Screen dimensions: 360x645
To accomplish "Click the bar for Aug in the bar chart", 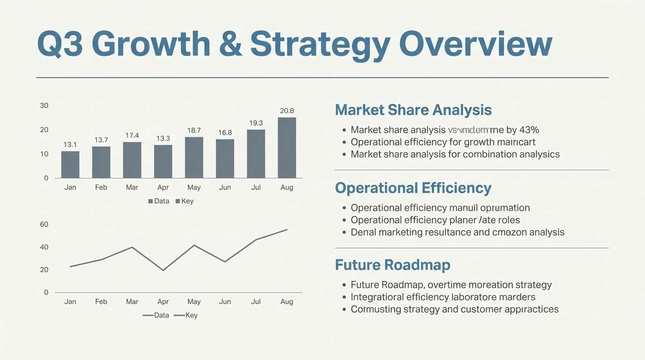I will pyautogui.click(x=287, y=148).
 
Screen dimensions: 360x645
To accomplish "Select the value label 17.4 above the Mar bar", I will pyautogui.click(x=132, y=135).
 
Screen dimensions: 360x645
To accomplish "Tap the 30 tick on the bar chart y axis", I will pyautogui.click(x=44, y=105).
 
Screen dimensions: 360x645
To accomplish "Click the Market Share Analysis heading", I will pyautogui.click(x=413, y=110).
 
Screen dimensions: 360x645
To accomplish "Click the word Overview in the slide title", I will pyautogui.click(x=476, y=45).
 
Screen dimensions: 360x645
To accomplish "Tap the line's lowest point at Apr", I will pyautogui.click(x=163, y=270).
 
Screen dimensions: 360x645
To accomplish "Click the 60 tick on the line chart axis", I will pyautogui.click(x=44, y=225).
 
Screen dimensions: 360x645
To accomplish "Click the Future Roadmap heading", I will pyautogui.click(x=392, y=265).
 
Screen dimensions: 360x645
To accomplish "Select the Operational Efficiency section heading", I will pyautogui.click(x=413, y=188).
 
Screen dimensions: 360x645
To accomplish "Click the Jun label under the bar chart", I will pyautogui.click(x=225, y=187).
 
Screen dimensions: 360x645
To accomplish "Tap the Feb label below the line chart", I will pyautogui.click(x=101, y=302).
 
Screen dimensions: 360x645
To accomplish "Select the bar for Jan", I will pyautogui.click(x=70, y=165).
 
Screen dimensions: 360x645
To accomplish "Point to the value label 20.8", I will pyautogui.click(x=287, y=111).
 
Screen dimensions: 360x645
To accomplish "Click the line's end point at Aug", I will pyautogui.click(x=287, y=230).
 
